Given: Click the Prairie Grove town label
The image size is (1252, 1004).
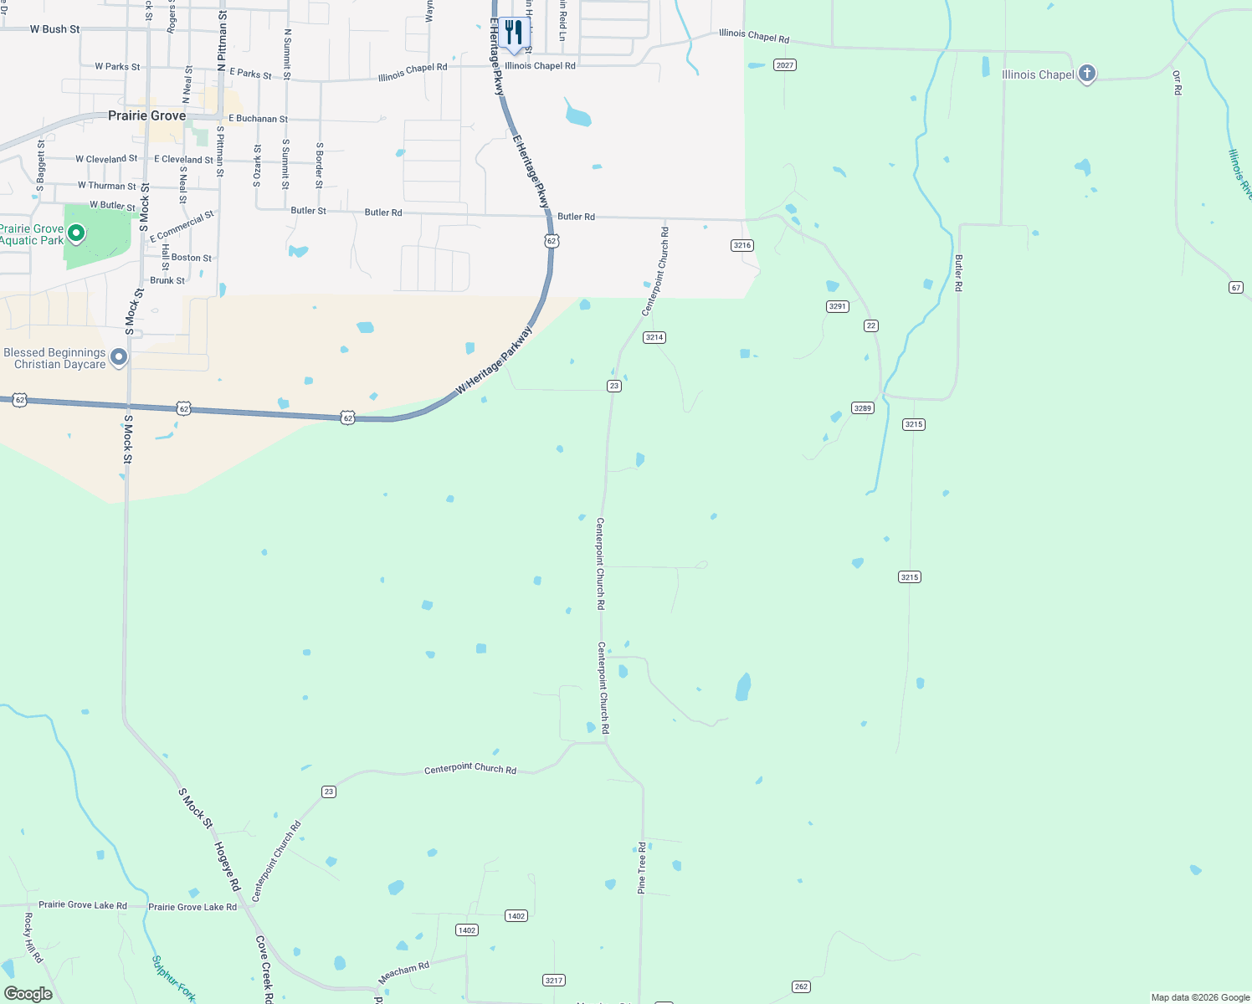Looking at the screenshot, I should tap(146, 115).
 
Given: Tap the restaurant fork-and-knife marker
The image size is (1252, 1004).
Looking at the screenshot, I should tap(514, 33).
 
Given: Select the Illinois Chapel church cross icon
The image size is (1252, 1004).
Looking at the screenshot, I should tap(1086, 74).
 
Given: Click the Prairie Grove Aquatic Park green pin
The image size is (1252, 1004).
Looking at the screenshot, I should tap(76, 233).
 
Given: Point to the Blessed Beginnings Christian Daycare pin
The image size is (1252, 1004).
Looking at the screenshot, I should tap(119, 357).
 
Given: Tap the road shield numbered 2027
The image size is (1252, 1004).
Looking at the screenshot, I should tap(784, 65).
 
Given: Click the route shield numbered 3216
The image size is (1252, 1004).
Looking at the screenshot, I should tap(741, 245).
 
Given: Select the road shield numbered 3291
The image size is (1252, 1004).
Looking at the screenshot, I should tap(838, 306).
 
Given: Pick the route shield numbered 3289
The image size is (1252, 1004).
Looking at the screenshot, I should tap(862, 408).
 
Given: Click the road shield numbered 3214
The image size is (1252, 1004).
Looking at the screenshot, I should tap(654, 337).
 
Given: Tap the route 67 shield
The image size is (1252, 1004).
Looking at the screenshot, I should tap(1236, 287).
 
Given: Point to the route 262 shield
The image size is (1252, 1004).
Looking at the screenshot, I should tap(801, 986).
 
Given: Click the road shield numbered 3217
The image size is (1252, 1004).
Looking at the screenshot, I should tap(553, 980).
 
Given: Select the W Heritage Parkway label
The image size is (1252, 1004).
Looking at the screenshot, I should tap(494, 361).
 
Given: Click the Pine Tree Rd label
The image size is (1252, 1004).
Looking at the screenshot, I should tap(642, 868).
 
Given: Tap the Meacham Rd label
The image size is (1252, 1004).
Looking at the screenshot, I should tap(403, 972).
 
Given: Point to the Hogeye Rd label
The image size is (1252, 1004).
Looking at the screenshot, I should tap(227, 866).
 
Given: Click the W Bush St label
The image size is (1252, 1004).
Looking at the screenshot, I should tap(54, 29).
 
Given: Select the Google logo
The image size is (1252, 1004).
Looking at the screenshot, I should tap(28, 994).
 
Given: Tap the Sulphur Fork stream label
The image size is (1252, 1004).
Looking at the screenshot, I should tap(173, 978).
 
